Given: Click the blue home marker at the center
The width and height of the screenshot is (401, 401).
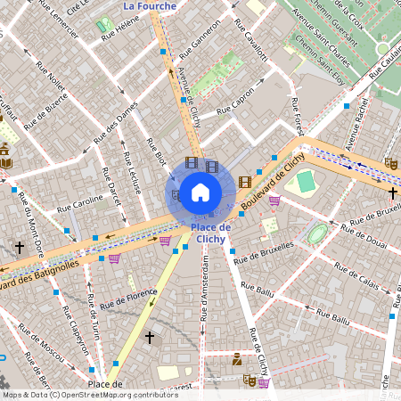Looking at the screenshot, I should (x=200, y=192).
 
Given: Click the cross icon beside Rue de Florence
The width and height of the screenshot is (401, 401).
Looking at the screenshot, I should (x=150, y=338).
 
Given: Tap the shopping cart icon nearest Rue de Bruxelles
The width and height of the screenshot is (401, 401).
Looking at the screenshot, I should (x=274, y=200).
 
